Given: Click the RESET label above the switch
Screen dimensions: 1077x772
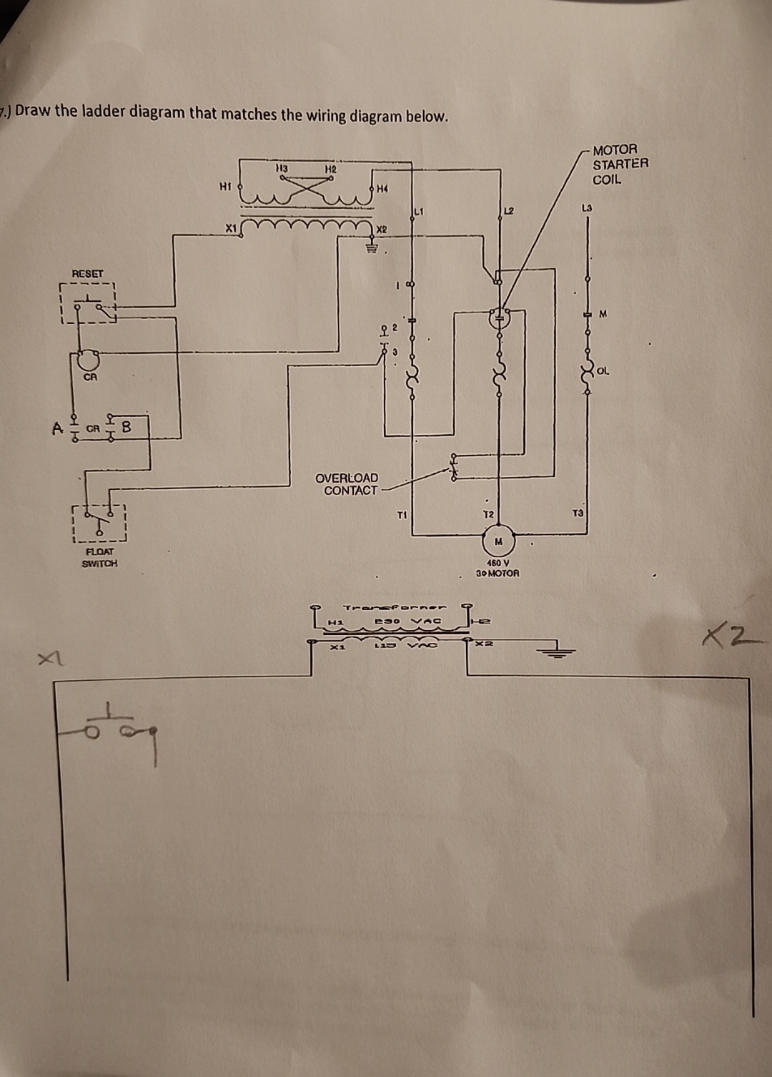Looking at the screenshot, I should (87, 273).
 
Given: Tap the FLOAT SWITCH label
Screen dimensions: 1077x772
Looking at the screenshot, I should (99, 557).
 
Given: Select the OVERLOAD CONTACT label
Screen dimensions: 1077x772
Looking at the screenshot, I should (347, 484).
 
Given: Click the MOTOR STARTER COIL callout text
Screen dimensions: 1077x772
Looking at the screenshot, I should (619, 164).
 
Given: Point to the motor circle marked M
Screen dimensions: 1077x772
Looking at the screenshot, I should (499, 541).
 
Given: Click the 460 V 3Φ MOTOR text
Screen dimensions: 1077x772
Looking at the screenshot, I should (498, 569).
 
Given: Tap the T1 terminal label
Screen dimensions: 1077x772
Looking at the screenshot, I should (402, 514).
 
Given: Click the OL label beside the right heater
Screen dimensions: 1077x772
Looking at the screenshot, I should (603, 370).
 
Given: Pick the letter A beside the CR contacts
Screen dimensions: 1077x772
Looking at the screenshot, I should (58, 428).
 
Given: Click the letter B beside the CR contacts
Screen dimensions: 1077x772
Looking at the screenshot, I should (127, 428).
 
